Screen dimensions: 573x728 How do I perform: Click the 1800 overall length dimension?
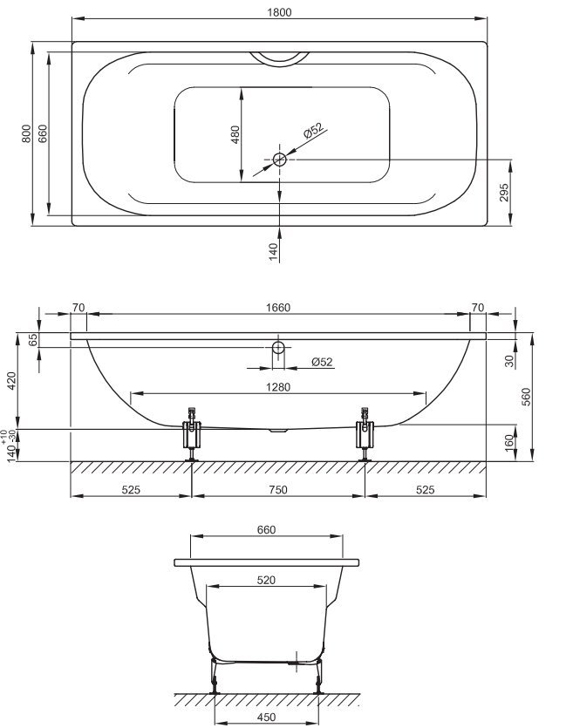point(279,12)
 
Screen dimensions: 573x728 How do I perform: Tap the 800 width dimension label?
point(26,133)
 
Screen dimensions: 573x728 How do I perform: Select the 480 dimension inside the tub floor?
point(235,134)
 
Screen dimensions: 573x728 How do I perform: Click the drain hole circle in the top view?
point(280,160)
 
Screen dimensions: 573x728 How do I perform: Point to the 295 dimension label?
point(504,193)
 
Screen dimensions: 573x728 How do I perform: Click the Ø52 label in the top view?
point(313,131)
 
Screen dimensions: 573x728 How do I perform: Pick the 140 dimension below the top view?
point(274,252)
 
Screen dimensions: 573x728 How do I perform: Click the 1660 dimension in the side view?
point(278,308)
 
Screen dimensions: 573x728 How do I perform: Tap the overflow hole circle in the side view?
point(278,347)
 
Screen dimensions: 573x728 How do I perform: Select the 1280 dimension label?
point(278,387)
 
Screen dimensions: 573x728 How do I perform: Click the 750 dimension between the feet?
point(278,489)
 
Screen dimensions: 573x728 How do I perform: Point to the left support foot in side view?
point(191,434)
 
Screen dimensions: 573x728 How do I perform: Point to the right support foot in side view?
point(365,434)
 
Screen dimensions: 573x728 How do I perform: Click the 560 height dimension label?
point(526,397)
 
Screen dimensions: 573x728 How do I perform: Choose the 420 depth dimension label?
point(12,381)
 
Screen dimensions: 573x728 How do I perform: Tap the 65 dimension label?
point(32,340)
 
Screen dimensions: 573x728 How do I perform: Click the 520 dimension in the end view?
point(266,580)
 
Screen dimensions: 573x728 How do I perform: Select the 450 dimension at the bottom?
point(266,718)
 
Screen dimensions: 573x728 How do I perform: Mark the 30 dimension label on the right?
point(509,361)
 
